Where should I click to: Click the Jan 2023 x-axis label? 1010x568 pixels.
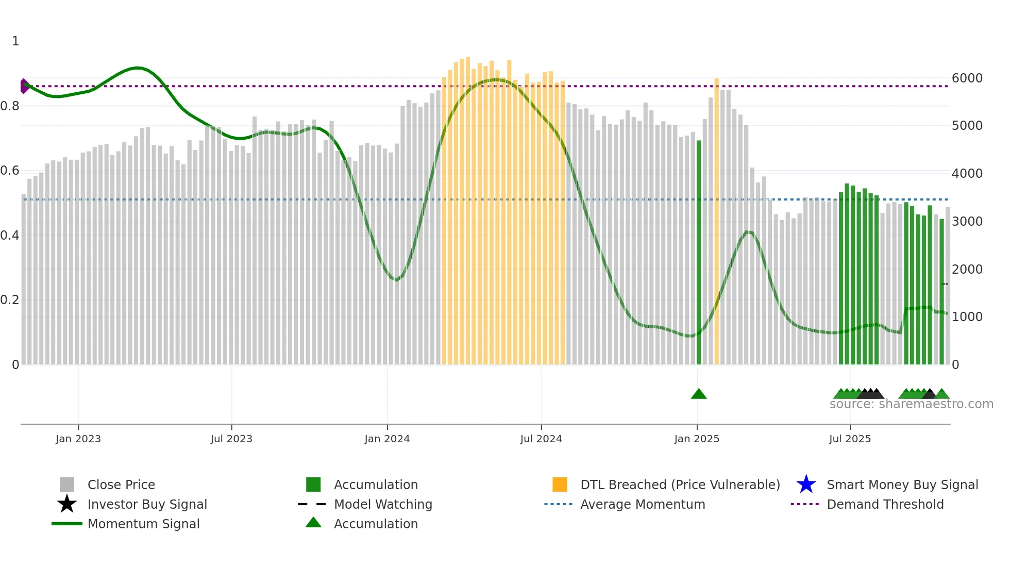pos(78,439)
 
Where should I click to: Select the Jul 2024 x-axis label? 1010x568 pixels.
pos(541,439)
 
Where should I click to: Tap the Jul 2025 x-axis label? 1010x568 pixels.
pos(850,439)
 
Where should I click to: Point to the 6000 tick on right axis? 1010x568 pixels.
pos(967,78)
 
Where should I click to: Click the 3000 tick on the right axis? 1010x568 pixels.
pos(967,222)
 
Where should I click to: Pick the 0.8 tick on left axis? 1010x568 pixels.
pos(10,106)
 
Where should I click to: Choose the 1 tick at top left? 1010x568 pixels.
pos(15,41)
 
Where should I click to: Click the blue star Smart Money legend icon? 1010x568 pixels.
pos(806,485)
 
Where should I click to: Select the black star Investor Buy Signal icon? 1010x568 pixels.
pos(67,504)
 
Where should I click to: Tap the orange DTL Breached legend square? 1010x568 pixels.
pos(560,485)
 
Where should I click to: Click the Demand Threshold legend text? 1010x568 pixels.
pos(885,504)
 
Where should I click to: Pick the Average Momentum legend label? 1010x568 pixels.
pos(643,504)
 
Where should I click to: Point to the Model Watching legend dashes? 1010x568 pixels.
pos(312,504)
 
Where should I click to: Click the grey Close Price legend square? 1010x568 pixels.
pos(67,485)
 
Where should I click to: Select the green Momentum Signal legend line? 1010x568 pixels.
pos(67,524)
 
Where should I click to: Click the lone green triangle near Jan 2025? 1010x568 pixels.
pos(699,394)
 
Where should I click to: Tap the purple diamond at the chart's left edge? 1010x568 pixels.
pos(24,86)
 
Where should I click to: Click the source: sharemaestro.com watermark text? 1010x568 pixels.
pos(911,404)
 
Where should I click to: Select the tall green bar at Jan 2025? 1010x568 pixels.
pos(699,253)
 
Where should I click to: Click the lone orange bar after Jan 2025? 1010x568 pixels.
pos(716,222)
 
